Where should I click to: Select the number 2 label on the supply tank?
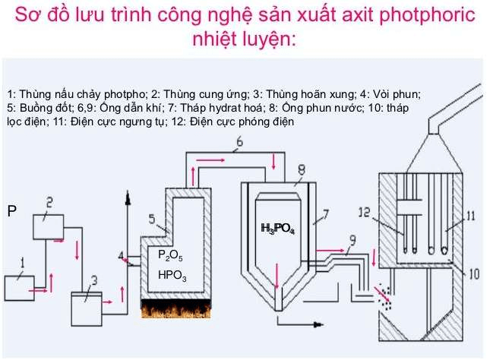(x=49, y=202)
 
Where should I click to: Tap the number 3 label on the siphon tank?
(x=93, y=282)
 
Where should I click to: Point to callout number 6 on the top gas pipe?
(x=239, y=142)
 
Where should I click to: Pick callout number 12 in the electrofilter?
(x=363, y=216)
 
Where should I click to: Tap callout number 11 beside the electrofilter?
(x=470, y=216)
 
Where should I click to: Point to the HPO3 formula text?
(x=172, y=274)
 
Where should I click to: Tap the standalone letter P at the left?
(x=11, y=210)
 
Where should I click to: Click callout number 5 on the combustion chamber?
(x=152, y=220)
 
